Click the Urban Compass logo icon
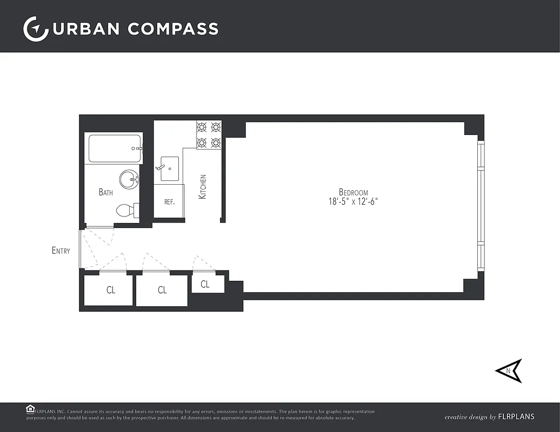[x=36, y=29]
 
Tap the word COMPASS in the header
[x=173, y=29]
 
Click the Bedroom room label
[x=354, y=192]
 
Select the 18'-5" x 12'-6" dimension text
[x=354, y=201]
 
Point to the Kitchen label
[x=203, y=186]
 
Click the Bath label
[x=106, y=192]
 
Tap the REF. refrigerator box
[x=169, y=201]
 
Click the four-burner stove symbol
[x=209, y=135]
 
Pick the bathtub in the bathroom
[x=115, y=148]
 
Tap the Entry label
[x=61, y=251]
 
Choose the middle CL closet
[x=162, y=291]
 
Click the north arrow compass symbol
[x=509, y=370]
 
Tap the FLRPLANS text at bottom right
[x=517, y=417]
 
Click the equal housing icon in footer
[x=30, y=409]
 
